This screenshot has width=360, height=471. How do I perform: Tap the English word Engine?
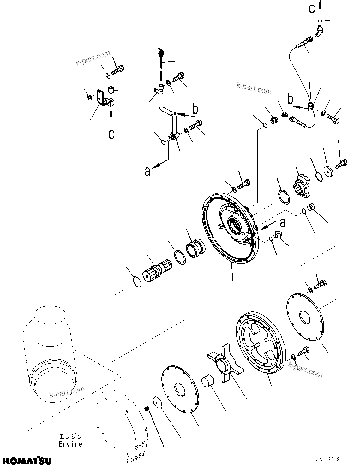tap(70, 444)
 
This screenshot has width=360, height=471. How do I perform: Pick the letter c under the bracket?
tap(111, 134)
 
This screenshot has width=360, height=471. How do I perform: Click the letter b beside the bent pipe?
tap(195, 109)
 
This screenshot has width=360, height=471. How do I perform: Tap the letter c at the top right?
tap(312, 9)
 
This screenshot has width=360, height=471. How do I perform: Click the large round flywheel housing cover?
tap(231, 227)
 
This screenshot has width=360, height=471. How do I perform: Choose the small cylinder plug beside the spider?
tap(208, 380)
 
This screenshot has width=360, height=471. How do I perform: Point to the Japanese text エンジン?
tap(70, 436)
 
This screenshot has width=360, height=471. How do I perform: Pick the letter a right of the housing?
tap(283, 222)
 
